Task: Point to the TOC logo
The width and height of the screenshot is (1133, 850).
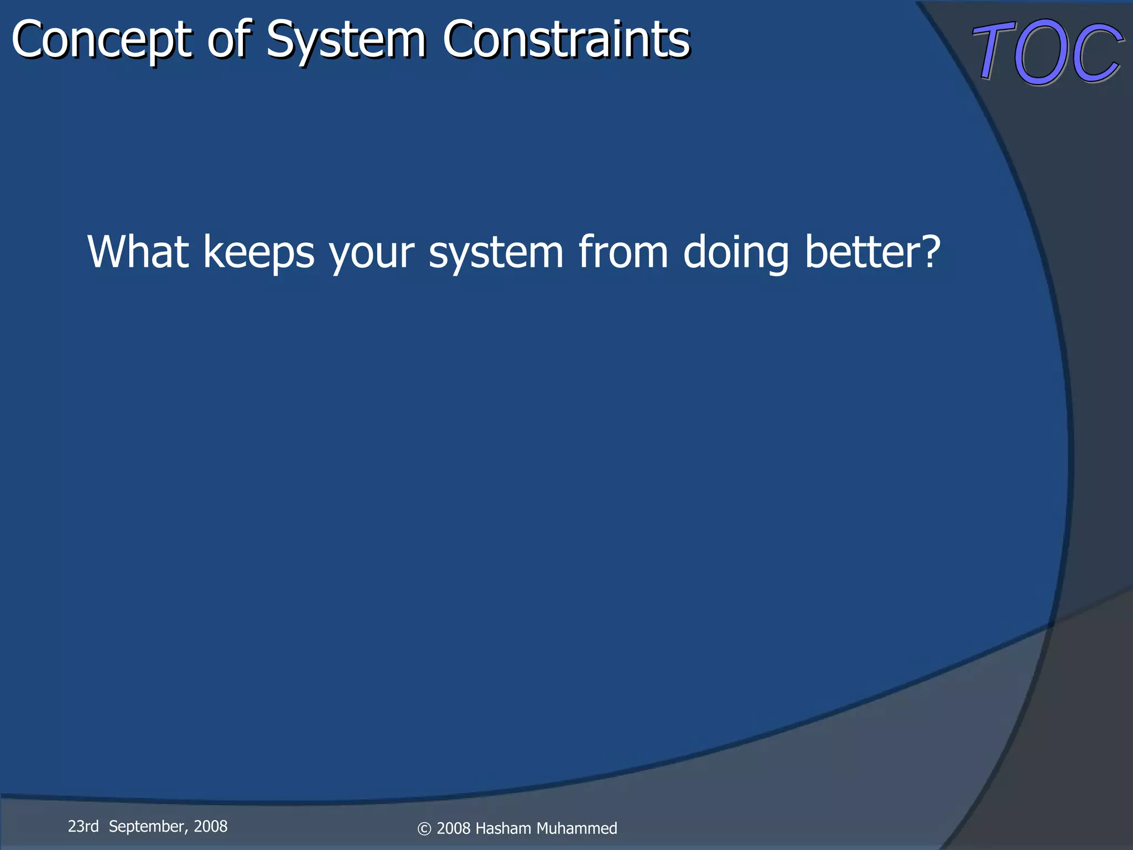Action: [x=1048, y=53]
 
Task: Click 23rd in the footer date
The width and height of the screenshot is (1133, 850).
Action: [x=83, y=826]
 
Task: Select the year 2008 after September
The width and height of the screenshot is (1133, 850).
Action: [x=210, y=826]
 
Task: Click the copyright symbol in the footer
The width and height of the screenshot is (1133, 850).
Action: [x=424, y=829]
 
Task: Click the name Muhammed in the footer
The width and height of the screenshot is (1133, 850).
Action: [x=576, y=828]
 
